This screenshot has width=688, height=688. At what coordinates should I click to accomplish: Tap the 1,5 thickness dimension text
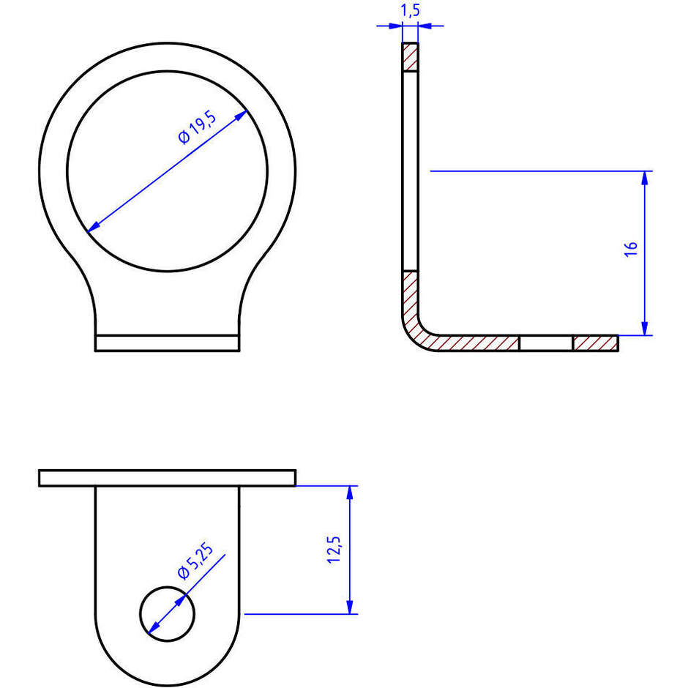point(411,10)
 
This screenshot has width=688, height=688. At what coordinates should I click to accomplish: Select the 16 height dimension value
point(631,249)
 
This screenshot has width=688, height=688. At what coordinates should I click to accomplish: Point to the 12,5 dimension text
point(334,550)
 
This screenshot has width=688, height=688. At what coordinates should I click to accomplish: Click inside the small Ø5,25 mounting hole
point(167,614)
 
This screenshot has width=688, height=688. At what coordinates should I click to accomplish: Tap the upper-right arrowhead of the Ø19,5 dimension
point(241,116)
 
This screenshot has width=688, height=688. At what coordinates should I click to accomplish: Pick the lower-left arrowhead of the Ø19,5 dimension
point(94,226)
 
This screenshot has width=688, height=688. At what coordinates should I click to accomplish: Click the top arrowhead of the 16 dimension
point(645,178)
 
